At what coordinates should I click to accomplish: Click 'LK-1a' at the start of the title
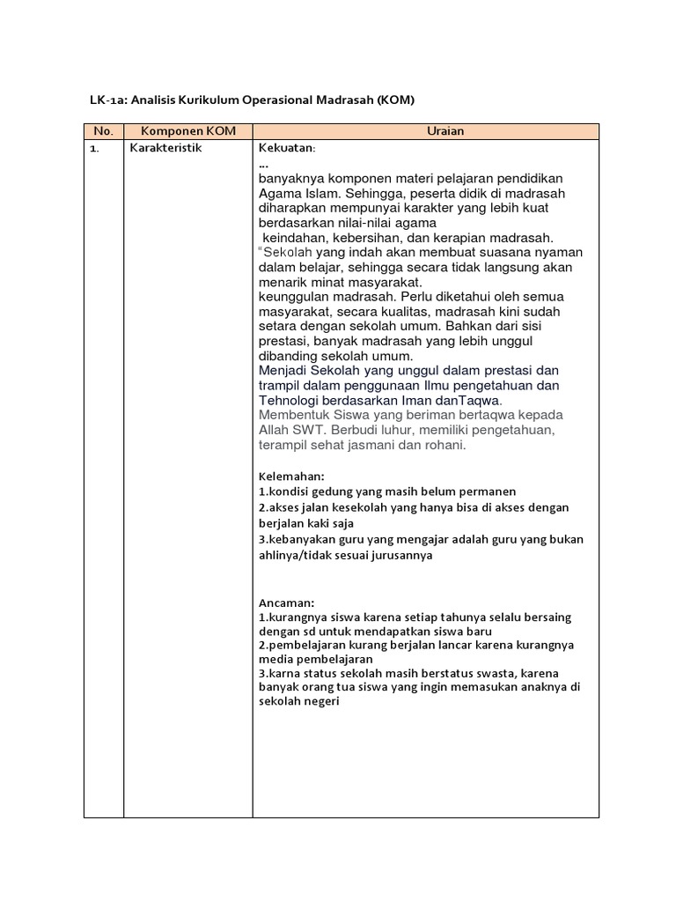(107, 100)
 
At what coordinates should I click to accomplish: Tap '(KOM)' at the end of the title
(395, 100)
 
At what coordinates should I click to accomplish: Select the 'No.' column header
(104, 131)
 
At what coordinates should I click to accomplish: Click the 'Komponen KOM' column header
(187, 131)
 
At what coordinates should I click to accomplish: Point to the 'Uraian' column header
(426, 131)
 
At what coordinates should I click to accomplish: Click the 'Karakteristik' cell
(165, 148)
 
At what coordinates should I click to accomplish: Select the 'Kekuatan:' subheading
(287, 148)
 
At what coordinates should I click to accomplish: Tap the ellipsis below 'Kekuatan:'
(263, 164)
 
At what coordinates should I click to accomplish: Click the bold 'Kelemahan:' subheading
(291, 477)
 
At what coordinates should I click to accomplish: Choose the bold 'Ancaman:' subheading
(287, 603)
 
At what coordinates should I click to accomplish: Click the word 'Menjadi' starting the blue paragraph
(283, 370)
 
